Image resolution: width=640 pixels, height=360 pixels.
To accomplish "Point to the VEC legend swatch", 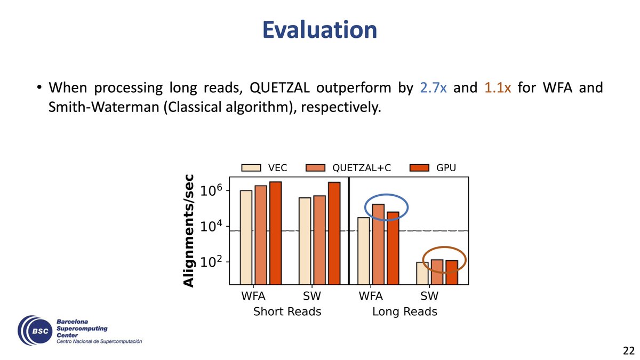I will click(251, 167).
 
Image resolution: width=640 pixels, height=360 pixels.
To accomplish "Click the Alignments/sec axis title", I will click(189, 230).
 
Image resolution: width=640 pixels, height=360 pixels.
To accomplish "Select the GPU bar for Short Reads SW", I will click(334, 233).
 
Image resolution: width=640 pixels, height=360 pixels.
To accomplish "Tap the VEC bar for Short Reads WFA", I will click(246, 237).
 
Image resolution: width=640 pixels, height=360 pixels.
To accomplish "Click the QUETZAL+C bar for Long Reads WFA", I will click(378, 244).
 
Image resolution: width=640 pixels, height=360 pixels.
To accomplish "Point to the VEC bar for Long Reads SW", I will click(422, 273).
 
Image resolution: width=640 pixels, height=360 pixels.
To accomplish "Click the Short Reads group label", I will click(287, 311).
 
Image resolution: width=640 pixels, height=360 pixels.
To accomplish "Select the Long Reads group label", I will click(405, 311).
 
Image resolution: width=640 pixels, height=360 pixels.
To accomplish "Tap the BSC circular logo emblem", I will click(35, 331).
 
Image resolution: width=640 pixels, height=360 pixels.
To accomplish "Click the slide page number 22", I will click(628, 350).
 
